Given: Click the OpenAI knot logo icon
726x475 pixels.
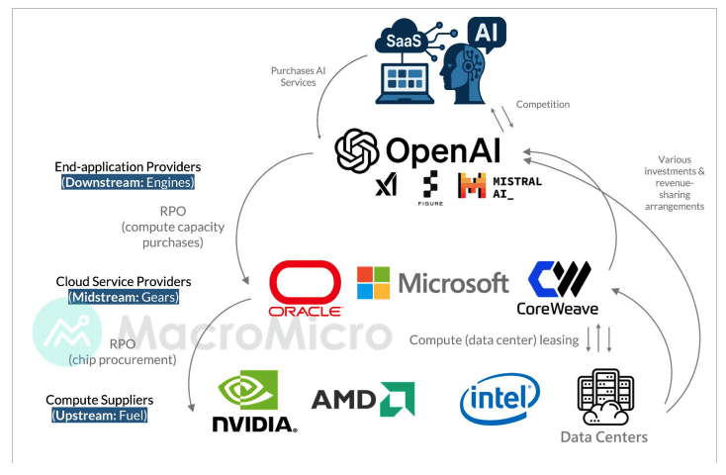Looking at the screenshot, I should click(357, 151).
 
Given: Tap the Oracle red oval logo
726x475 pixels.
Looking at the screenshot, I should click(306, 285).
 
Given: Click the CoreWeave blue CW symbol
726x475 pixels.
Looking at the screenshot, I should click(560, 278).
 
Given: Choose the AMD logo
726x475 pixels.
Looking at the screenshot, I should click(362, 400).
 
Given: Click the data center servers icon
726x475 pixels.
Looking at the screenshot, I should click(604, 395).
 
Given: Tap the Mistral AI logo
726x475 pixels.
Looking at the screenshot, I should click(486, 186).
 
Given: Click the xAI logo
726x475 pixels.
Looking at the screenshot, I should click(386, 186).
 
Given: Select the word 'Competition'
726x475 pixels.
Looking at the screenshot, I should click(542, 104).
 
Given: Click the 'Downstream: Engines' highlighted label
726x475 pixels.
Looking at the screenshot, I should click(128, 183).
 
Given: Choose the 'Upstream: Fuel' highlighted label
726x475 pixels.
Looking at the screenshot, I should click(99, 415).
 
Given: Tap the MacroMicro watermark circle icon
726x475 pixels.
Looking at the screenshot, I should click(66, 332).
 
